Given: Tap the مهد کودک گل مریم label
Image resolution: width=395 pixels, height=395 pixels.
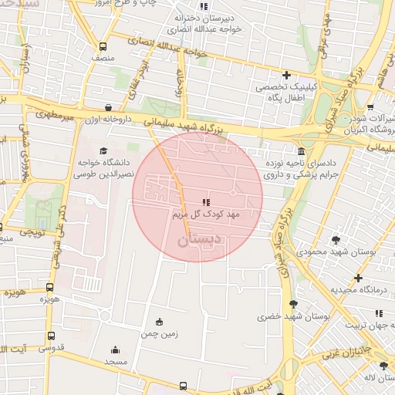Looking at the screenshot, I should point(207,212).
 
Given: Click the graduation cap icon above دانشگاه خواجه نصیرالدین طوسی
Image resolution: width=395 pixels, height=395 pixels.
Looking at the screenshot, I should point(104,150).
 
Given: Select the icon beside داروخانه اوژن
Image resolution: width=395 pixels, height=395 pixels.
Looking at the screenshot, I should point(107,108).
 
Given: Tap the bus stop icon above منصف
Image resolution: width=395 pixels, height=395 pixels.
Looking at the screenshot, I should point(100,46).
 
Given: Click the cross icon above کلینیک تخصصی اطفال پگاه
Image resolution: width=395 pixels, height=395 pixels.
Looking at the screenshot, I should point(286,75).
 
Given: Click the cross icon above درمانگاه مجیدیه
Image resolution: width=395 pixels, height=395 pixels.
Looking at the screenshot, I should point(358,278).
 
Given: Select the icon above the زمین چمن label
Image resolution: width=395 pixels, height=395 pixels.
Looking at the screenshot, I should point(159,322).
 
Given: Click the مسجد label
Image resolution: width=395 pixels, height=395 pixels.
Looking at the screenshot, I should point(116,361).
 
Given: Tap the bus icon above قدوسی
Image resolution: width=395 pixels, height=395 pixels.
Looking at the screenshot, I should point(51,336).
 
